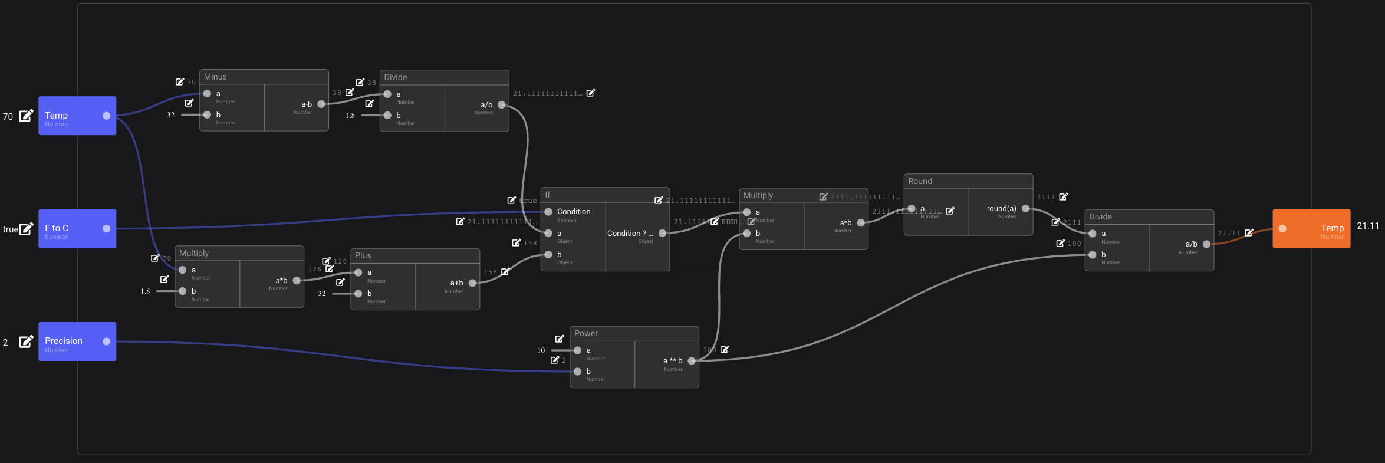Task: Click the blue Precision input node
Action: pyautogui.click(x=77, y=341)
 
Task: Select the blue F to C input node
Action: pyautogui.click(x=77, y=229)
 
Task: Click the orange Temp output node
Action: pyautogui.click(x=1311, y=229)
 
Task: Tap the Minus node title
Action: pyautogui.click(x=215, y=77)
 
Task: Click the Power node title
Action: pyautogui.click(x=586, y=333)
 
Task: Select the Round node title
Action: pyautogui.click(x=920, y=181)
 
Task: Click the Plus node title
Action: pyautogui.click(x=363, y=255)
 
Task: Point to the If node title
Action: pyautogui.click(x=548, y=195)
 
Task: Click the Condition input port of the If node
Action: pyautogui.click(x=548, y=212)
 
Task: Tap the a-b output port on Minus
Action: pyautogui.click(x=321, y=104)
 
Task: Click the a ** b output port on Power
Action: pyautogui.click(x=692, y=361)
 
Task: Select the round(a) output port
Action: pyautogui.click(x=1025, y=209)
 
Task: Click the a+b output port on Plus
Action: pyautogui.click(x=472, y=283)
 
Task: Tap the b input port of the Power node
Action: pyautogui.click(x=578, y=372)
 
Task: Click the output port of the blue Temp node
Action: pyautogui.click(x=107, y=116)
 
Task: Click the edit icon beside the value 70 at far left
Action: pyautogui.click(x=26, y=116)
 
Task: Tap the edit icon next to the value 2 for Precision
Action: pyautogui.click(x=26, y=341)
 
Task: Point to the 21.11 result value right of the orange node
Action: pyautogui.click(x=1368, y=226)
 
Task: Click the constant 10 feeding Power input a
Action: pyautogui.click(x=541, y=350)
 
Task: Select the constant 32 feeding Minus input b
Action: pyautogui.click(x=171, y=115)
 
